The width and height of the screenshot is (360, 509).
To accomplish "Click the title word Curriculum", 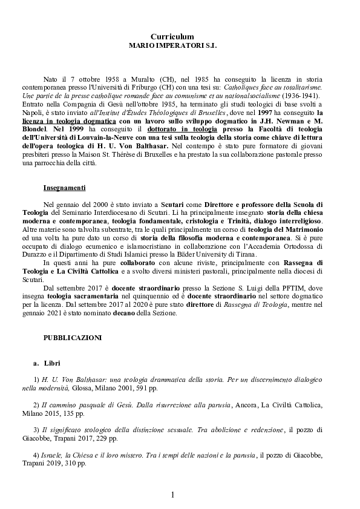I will pos(172,37).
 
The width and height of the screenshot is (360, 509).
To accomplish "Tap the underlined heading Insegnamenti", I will pos(65,188).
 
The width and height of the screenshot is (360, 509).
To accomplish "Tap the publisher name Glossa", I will pos(83,387).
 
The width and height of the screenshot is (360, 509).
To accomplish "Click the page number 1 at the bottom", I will pos(172,494).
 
